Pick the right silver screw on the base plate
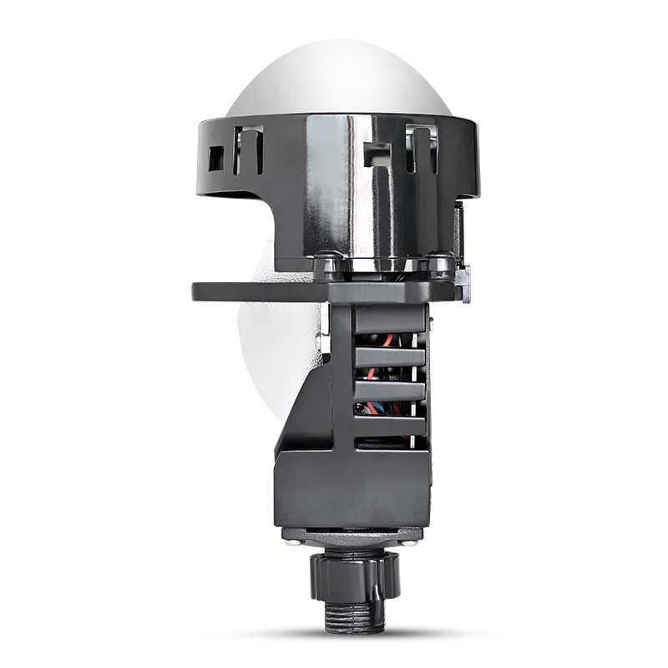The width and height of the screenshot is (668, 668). pyautogui.click(x=411, y=541)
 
